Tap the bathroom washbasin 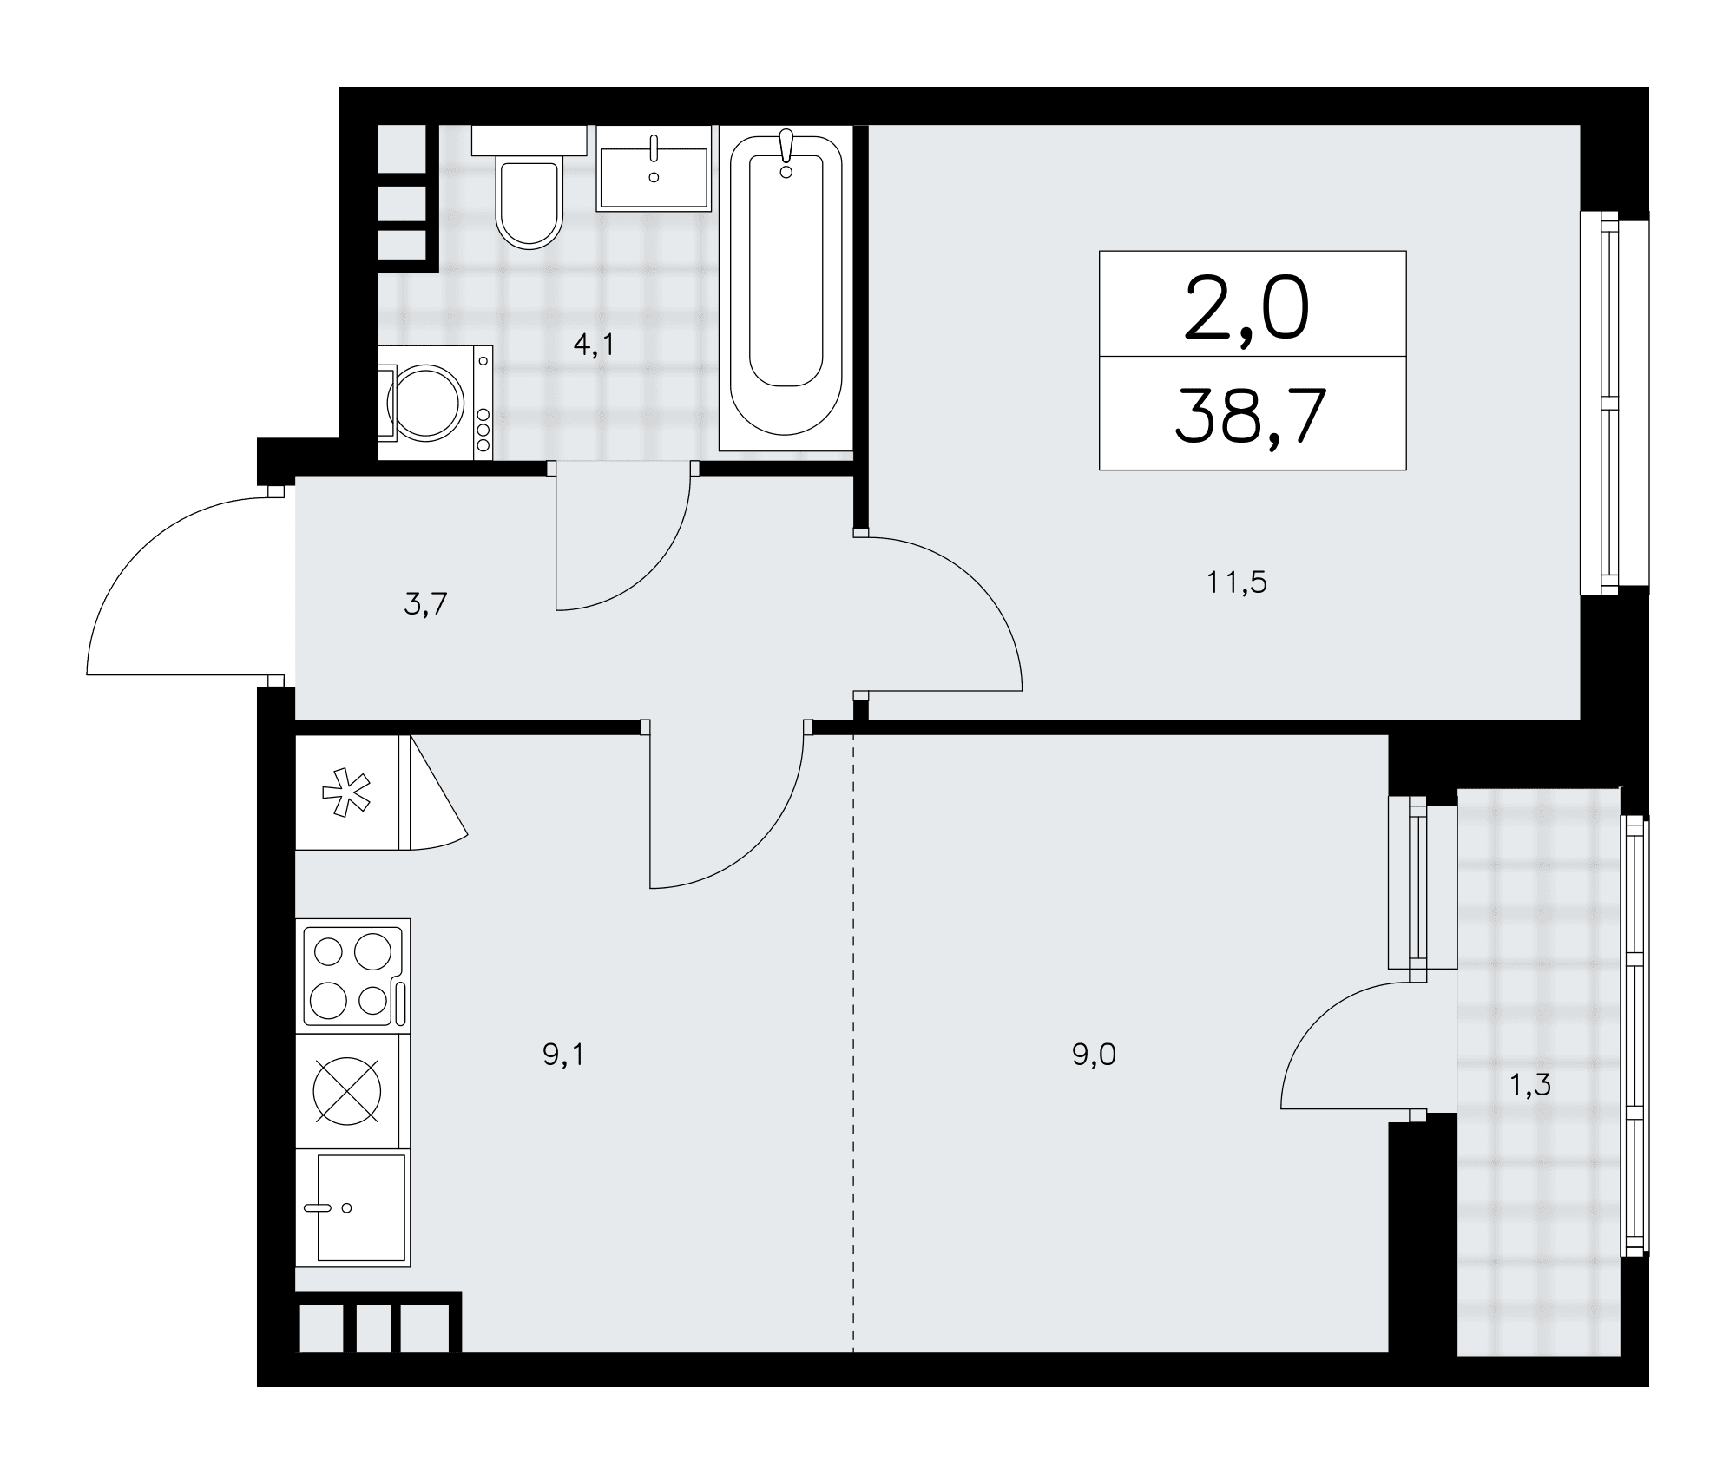point(654,168)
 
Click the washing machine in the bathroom point(435,402)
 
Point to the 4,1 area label point(594,345)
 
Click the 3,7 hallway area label point(425,604)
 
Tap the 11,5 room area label point(1237,582)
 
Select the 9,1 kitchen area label point(563,1055)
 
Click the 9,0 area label point(1094,1055)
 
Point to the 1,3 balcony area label point(1530,1085)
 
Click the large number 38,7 point(1252,416)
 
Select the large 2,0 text point(1246,308)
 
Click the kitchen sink point(352,1207)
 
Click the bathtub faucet point(786,151)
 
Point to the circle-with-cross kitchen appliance point(347,1091)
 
